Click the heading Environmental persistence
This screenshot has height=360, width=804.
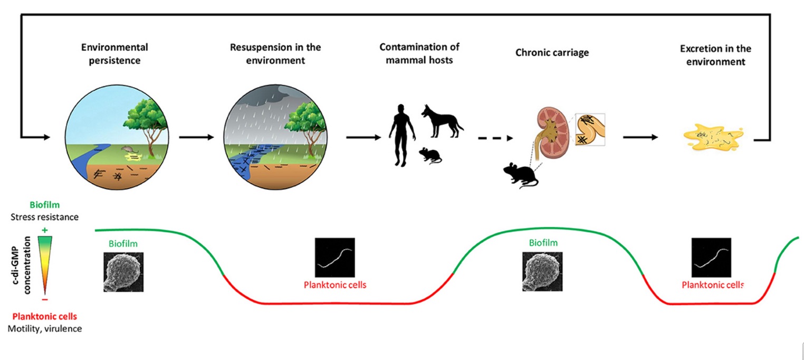click(x=114, y=54)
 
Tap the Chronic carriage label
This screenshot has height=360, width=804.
click(x=552, y=52)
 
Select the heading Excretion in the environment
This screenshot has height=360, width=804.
click(x=715, y=55)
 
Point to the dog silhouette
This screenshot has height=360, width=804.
click(x=442, y=121)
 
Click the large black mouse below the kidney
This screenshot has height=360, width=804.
click(x=521, y=175)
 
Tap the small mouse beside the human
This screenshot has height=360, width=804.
click(x=430, y=155)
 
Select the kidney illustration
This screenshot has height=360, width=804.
click(x=551, y=133)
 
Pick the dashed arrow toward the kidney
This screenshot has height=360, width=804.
click(x=495, y=138)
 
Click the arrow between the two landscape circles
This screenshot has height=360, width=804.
click(x=196, y=137)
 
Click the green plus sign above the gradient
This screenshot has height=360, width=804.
click(x=45, y=230)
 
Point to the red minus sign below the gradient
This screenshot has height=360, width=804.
click(x=45, y=299)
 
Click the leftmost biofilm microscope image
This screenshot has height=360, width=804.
click(x=123, y=272)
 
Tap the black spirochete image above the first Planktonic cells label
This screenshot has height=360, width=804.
click(x=335, y=257)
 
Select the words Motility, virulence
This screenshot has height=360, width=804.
click(x=45, y=328)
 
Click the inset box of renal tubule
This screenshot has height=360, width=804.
click(x=590, y=129)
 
